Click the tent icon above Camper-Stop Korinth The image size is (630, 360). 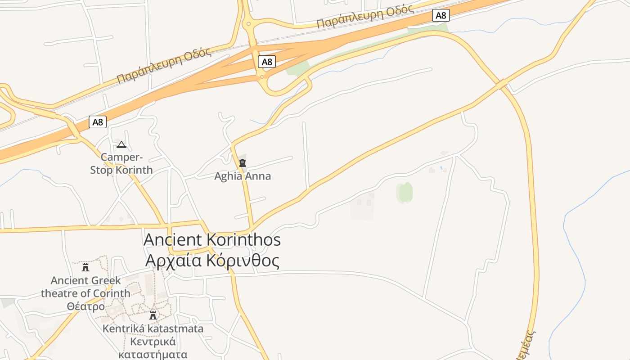coord(121,145)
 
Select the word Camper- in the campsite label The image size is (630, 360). coord(121,157)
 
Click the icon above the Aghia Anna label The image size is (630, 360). coord(243,162)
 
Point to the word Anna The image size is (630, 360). coord(257,176)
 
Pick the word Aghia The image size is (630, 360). coord(228,176)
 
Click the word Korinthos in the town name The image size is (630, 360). coord(244,240)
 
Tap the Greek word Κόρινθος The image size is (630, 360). coord(243,261)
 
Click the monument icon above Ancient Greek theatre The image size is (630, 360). coord(85,267)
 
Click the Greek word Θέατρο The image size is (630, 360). coord(85,306)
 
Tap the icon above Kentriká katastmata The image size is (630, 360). coord(153,315)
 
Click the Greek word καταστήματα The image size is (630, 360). coord(153,354)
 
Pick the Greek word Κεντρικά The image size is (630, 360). coord(153,342)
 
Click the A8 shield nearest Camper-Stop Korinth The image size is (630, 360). coord(98,121)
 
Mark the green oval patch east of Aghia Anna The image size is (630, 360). coord(405,192)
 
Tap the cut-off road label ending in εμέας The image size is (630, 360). coord(527,345)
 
